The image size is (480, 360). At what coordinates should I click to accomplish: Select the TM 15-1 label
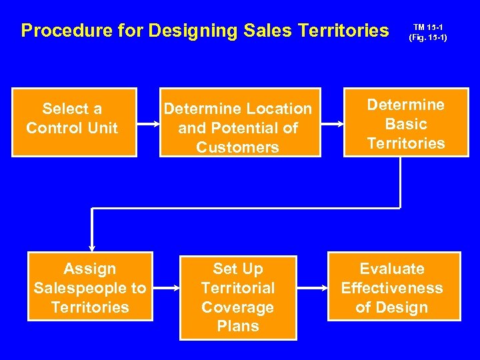click(427, 27)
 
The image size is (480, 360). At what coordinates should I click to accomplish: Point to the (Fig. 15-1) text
click(427, 37)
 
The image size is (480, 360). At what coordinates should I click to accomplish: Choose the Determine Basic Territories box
click(406, 124)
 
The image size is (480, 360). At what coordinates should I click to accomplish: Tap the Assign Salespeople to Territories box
click(90, 287)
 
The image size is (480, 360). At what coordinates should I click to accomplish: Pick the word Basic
click(406, 124)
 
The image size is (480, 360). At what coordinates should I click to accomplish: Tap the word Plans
click(238, 326)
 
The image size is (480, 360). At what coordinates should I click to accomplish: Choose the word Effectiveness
click(392, 288)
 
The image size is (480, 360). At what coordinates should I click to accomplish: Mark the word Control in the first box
click(55, 128)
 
